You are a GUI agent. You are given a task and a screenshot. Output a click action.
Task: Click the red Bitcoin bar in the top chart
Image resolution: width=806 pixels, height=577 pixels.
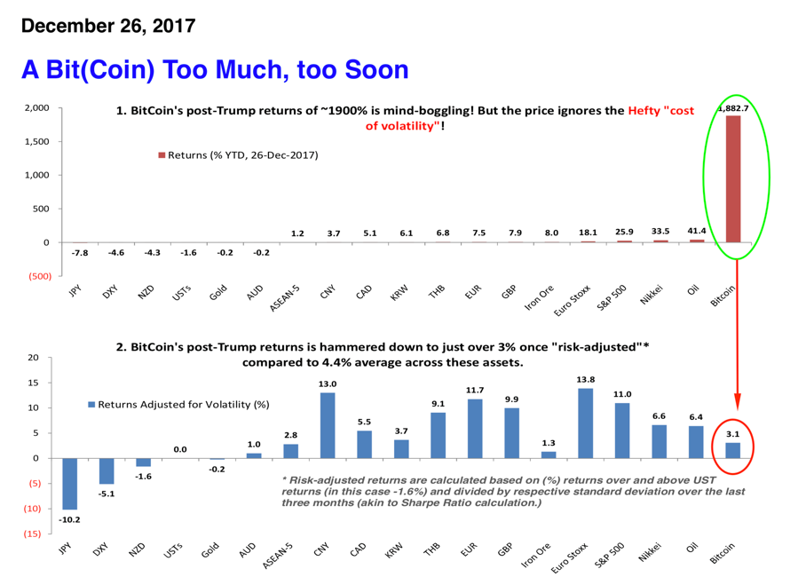[x=733, y=179]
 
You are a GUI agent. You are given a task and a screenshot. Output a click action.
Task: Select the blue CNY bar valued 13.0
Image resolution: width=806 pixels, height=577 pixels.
[x=328, y=425]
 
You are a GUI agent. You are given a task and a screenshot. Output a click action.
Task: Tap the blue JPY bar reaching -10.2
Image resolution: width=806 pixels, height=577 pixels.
[x=69, y=484]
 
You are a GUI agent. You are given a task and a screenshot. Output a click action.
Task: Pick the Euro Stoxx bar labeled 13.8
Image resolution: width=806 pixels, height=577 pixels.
[x=586, y=423]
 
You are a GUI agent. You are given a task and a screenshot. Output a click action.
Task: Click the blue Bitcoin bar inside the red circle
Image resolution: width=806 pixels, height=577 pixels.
[x=733, y=450]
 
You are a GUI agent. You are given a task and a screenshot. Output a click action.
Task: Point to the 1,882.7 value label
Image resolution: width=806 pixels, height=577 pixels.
[x=733, y=108]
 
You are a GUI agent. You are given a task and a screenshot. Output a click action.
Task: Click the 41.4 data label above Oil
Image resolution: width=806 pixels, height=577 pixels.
[x=697, y=231]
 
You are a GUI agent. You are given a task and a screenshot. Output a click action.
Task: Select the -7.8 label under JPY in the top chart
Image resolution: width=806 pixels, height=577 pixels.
[x=80, y=252]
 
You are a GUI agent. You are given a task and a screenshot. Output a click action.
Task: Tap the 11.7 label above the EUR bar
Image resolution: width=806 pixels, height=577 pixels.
[x=474, y=391]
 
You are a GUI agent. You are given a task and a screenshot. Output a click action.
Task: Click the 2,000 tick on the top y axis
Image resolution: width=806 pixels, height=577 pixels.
[x=37, y=108]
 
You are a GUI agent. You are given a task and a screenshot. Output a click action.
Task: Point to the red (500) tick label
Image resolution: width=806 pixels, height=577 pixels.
[x=40, y=276]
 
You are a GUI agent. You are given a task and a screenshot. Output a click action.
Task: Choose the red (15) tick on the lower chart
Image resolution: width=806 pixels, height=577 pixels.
[x=32, y=534]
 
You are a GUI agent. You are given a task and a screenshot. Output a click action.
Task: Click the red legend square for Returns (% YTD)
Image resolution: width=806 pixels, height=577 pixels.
[x=162, y=154]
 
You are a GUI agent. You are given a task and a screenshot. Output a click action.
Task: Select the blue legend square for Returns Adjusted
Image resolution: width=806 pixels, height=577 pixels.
[x=91, y=405]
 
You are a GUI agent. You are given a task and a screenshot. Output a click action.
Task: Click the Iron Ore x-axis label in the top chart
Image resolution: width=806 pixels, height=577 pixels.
[x=539, y=297]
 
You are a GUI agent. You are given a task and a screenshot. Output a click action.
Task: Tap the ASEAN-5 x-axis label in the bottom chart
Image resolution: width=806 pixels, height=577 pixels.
[x=278, y=556]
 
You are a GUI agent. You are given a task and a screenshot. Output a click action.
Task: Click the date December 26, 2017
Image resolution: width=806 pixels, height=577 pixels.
[x=108, y=26]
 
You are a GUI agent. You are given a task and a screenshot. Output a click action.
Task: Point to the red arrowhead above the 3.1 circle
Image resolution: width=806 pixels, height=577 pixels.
[x=737, y=401]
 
